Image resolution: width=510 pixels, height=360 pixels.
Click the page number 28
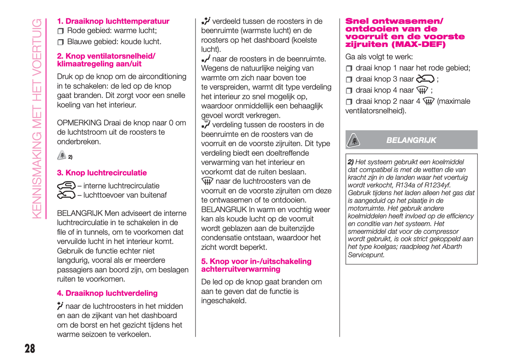30,349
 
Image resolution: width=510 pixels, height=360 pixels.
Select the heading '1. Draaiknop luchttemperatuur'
113,21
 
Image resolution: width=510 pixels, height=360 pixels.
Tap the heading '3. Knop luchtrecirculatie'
102,173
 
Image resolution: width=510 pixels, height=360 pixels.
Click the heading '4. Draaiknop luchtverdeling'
107,293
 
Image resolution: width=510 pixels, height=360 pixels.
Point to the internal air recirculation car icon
66,185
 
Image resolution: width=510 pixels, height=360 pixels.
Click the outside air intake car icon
66,195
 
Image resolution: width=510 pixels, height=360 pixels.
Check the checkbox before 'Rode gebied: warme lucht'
61,31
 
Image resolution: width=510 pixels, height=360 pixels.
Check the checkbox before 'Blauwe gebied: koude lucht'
61,42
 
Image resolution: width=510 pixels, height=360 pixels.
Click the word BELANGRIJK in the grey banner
411,140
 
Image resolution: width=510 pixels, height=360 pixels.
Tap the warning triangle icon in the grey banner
353,140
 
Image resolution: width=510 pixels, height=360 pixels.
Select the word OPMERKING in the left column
79,123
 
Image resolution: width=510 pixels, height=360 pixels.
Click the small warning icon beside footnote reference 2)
62,156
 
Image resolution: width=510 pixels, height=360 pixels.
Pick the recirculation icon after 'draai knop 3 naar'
425,79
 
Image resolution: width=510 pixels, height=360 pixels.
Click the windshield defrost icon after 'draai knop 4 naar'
422,90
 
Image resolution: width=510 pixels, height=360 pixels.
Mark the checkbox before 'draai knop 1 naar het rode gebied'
349,68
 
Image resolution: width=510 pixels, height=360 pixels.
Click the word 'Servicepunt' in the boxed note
366,255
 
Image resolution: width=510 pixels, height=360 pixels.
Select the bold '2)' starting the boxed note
350,162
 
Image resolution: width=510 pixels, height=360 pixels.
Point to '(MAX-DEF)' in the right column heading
419,44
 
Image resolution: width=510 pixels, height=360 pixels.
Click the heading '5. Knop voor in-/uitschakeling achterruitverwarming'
256,265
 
